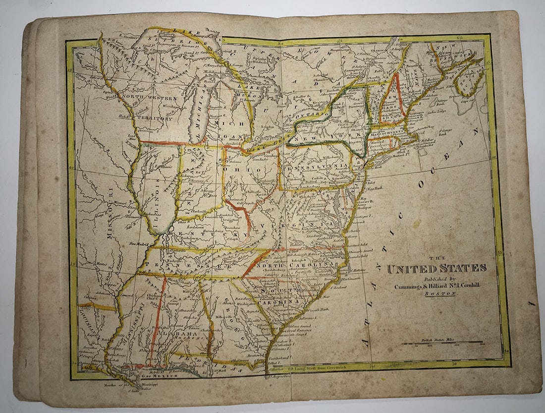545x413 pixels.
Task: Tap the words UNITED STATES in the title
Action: [x=436, y=269]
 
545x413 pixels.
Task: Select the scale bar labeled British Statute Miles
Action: [x=442, y=343]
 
